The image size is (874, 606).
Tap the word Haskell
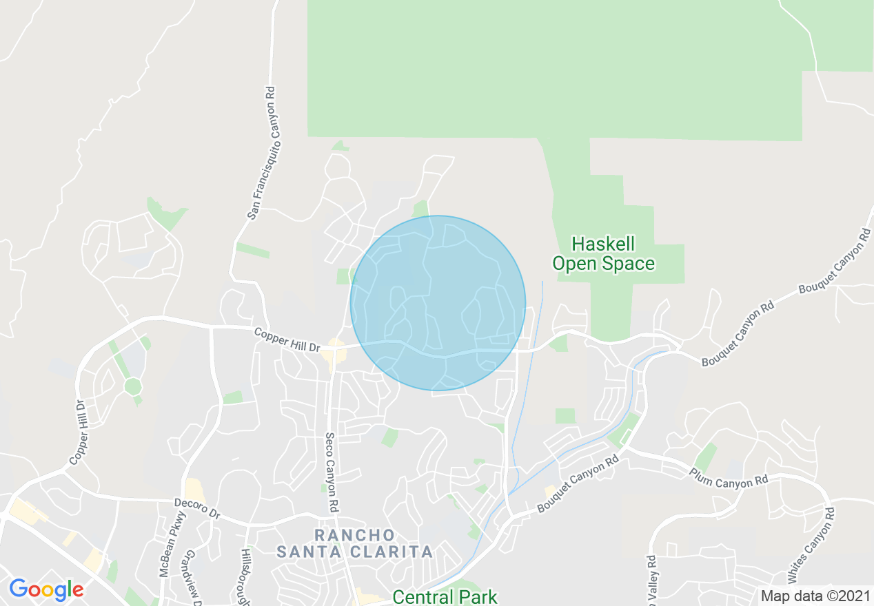pos(603,244)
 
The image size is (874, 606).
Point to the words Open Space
pos(603,264)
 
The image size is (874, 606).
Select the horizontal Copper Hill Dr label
pos(287,339)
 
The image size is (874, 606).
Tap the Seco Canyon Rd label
pos(331,472)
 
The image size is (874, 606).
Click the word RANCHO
pos(355,535)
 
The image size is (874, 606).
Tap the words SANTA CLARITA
pos(355,552)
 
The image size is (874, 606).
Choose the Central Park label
pos(445,596)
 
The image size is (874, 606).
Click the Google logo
pos(46,589)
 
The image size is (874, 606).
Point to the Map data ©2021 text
pos(813,596)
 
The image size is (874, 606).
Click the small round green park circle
pos(133,386)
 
